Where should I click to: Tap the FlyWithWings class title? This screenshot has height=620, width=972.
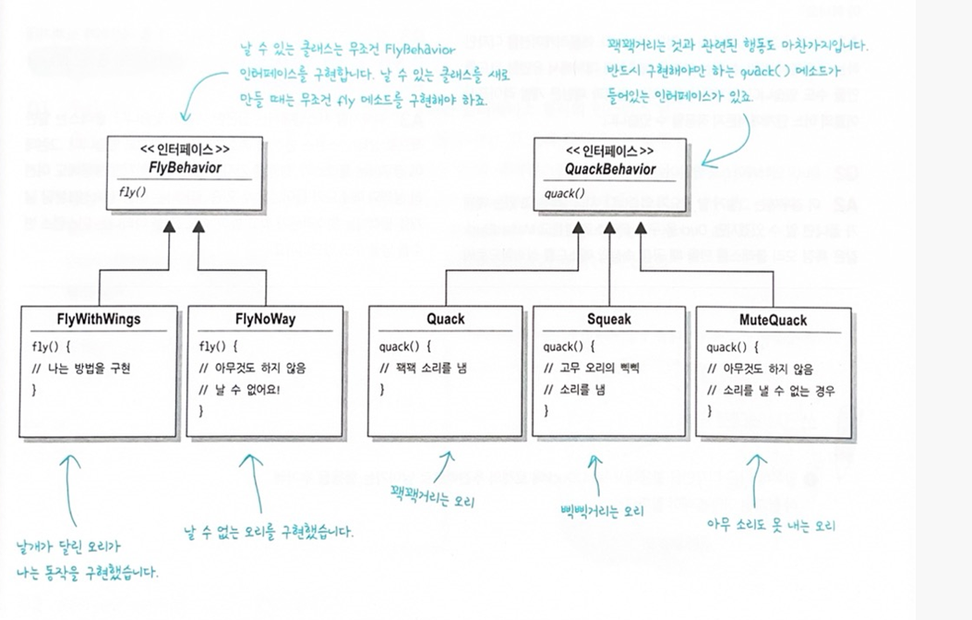98,321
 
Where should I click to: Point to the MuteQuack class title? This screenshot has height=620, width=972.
773,321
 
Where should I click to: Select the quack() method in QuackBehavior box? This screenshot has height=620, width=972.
564,194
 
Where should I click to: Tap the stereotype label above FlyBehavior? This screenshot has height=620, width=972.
185,149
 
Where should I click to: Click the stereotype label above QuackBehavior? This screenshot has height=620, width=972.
610,151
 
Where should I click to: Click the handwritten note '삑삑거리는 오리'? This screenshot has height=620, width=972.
601,510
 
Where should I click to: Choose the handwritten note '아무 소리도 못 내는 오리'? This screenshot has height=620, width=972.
771,525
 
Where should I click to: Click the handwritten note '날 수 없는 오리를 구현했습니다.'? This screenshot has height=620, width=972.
269,533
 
